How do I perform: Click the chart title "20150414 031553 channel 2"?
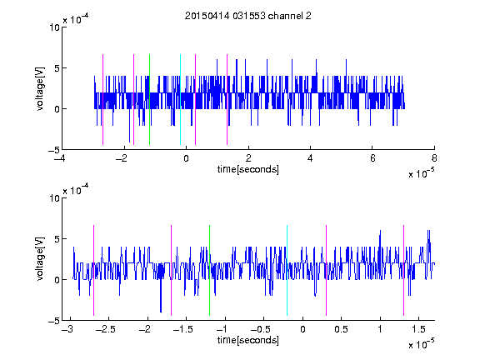pos(248,16)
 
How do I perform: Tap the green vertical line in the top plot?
pos(149,99)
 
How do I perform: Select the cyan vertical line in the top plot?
pos(180,99)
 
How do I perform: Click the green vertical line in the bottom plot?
pos(209,270)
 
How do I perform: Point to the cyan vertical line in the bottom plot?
pos(287,270)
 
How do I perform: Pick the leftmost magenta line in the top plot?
pos(102,99)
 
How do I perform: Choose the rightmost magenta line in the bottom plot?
pos(403,270)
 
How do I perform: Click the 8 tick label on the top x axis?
pos(434,158)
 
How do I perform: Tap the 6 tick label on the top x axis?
pos(372,158)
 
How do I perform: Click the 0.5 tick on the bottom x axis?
pos(341,329)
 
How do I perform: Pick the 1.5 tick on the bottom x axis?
pos(418,329)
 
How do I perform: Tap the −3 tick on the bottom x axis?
pos(67,329)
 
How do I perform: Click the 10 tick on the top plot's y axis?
pos(54,27)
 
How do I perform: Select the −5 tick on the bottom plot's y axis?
pos(54,321)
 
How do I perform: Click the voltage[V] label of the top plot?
pos(40,89)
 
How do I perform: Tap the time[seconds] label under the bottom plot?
pos(248,340)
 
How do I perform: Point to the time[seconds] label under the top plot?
pos(248,169)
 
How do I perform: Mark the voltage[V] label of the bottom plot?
pos(40,259)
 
